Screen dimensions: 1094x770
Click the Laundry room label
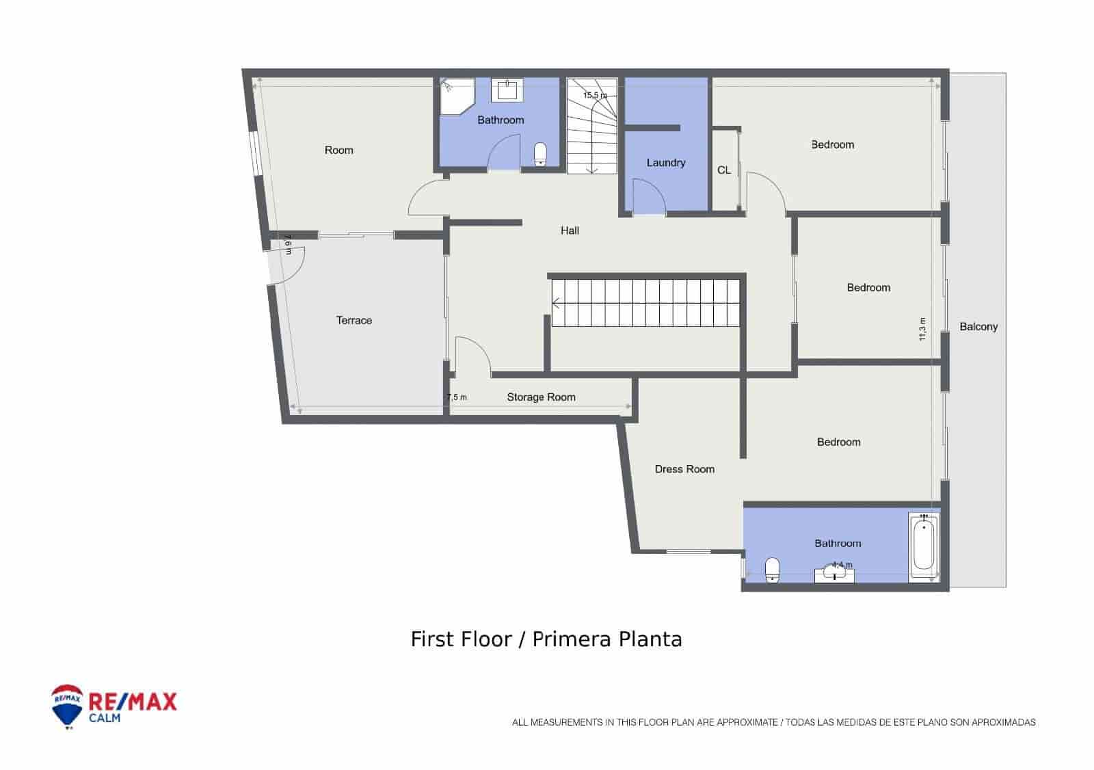pos(666,163)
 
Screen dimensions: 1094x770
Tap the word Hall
pos(570,230)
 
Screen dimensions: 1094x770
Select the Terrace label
pos(354,321)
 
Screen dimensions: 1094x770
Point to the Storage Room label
pos(541,397)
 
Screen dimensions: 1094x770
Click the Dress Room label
pos(684,469)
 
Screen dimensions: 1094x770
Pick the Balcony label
pos(978,327)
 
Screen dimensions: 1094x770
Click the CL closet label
pos(724,170)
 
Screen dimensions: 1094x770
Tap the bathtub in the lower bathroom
pos(924,546)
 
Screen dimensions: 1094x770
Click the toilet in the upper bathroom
pos(539,154)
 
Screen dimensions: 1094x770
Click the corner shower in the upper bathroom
pos(457,96)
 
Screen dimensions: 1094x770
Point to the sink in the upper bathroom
pos(507,90)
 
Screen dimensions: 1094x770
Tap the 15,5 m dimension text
pos(595,95)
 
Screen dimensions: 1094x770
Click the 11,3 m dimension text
pos(922,329)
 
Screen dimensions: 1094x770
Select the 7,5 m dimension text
pos(457,397)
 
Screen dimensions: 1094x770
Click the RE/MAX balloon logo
pos(67,706)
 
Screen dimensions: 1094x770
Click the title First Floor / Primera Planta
pos(546,639)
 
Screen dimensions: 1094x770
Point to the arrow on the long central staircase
pos(557,304)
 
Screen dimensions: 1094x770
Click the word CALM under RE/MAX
pos(105,718)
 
